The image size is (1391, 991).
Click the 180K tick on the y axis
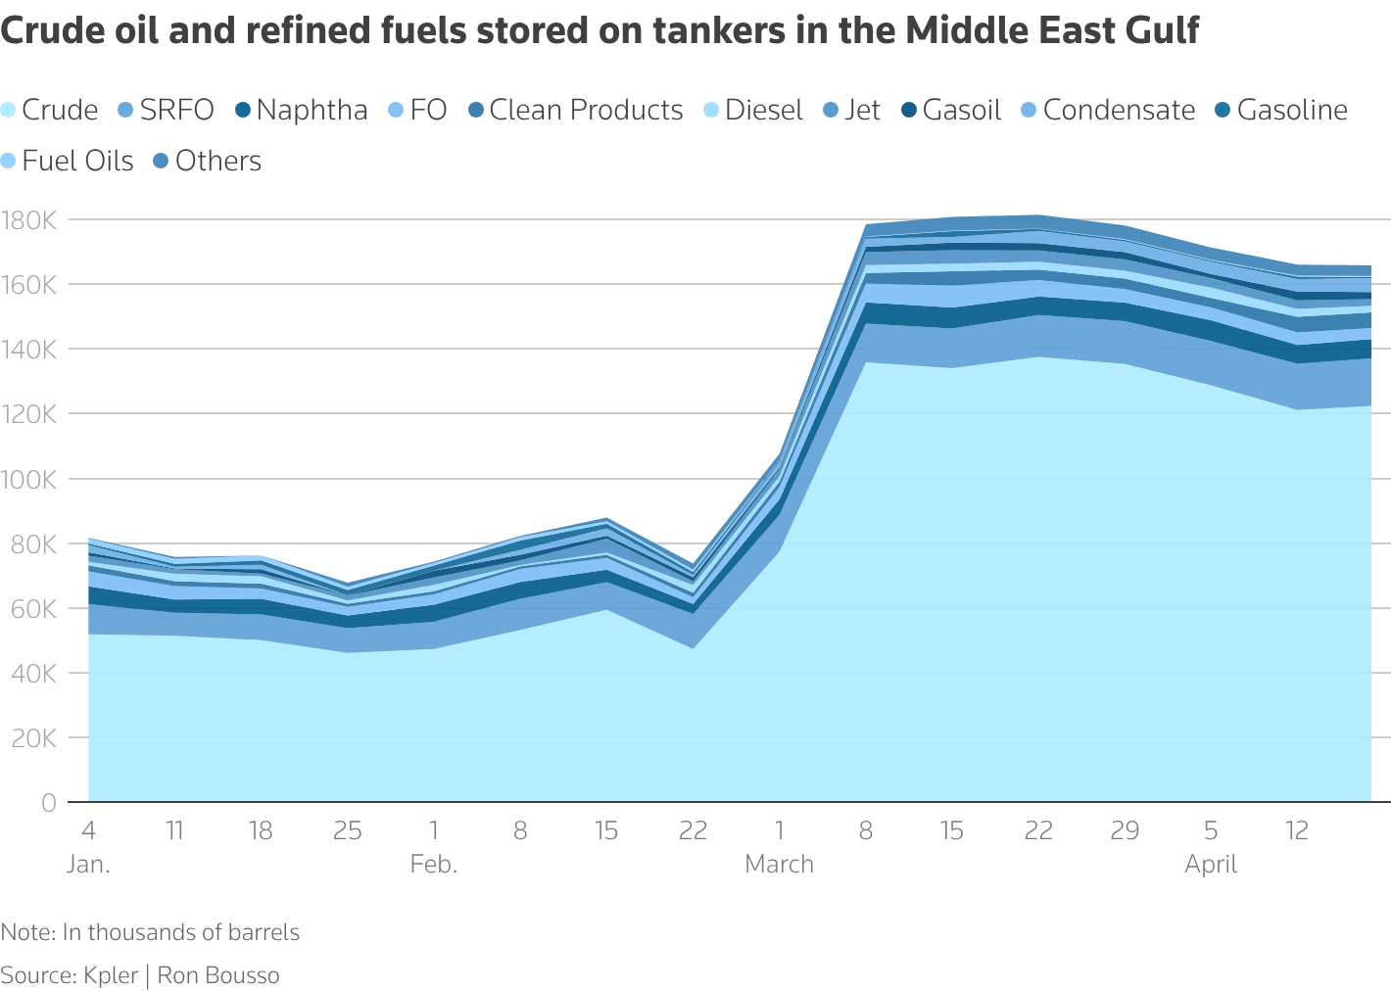click(x=30, y=220)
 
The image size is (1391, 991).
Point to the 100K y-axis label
click(x=30, y=480)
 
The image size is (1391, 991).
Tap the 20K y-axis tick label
click(x=35, y=738)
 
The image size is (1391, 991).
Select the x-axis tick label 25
click(x=348, y=831)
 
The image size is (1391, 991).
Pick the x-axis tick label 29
click(x=1125, y=831)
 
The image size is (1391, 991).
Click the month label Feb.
click(x=434, y=865)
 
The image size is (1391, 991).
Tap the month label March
click(x=780, y=865)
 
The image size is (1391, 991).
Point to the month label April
click(x=1211, y=865)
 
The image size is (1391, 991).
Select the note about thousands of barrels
click(x=150, y=932)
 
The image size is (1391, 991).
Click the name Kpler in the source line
click(x=111, y=975)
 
